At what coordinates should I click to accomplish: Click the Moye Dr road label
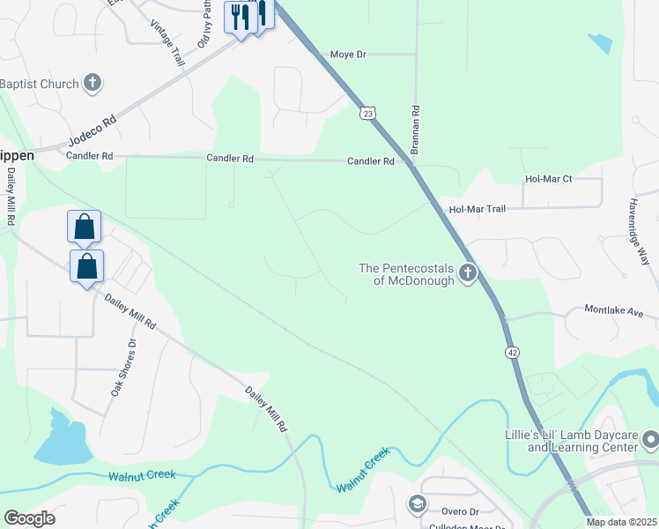[x=347, y=55]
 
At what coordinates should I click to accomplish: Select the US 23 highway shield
[x=367, y=113]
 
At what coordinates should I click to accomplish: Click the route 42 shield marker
[x=512, y=352]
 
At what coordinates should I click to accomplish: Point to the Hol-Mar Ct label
[x=548, y=179]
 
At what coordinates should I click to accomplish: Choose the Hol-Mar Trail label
[x=478, y=210]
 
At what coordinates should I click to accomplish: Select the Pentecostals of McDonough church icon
[x=467, y=273]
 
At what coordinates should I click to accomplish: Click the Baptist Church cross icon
[x=93, y=84]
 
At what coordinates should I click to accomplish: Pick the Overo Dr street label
[x=461, y=511]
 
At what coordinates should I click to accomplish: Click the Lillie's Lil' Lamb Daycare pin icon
[x=650, y=438]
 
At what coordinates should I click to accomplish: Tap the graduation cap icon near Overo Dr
[x=416, y=504]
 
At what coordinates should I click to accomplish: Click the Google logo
[x=29, y=518]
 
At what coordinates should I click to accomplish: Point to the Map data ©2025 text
[x=620, y=522]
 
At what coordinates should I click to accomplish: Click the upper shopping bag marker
[x=84, y=227]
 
